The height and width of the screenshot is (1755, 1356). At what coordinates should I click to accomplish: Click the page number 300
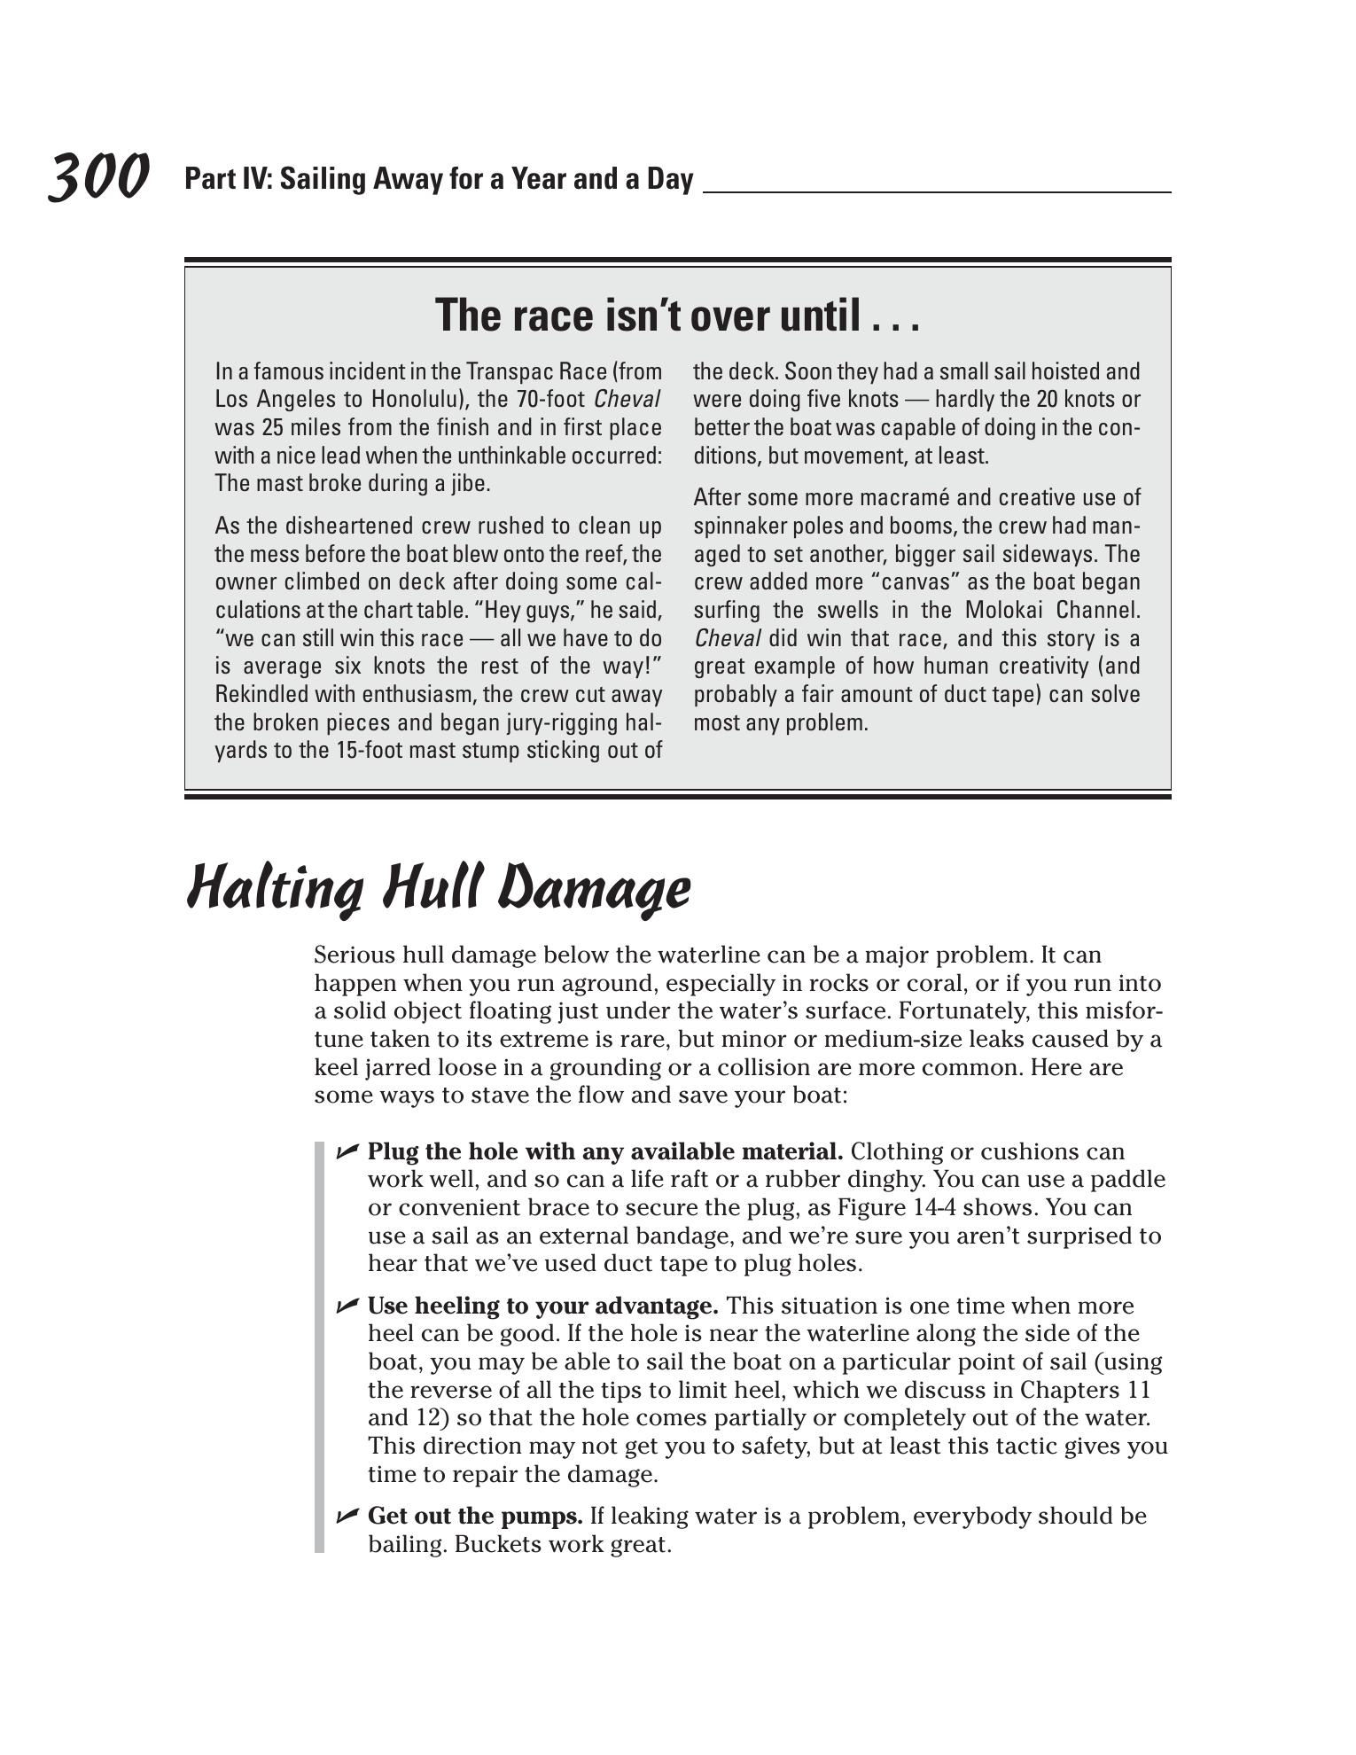click(97, 177)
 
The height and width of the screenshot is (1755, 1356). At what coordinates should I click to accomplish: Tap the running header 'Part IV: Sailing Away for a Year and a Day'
click(439, 179)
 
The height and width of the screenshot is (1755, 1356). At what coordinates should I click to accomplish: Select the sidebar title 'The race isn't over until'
click(677, 316)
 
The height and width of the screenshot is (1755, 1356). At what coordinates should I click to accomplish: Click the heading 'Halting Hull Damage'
click(439, 888)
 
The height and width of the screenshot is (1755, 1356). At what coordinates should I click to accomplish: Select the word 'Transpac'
click(504, 371)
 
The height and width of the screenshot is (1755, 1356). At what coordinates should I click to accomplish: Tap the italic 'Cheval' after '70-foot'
click(627, 400)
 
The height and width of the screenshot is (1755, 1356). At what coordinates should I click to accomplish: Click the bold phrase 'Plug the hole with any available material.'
click(605, 1151)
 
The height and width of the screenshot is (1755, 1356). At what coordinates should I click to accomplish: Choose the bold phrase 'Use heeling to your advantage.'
click(542, 1306)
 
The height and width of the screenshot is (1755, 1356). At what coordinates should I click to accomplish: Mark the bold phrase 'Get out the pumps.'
click(475, 1516)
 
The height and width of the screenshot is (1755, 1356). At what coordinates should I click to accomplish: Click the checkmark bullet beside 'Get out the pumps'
click(347, 1516)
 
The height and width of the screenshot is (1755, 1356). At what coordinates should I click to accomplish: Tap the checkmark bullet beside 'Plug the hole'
click(347, 1151)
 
